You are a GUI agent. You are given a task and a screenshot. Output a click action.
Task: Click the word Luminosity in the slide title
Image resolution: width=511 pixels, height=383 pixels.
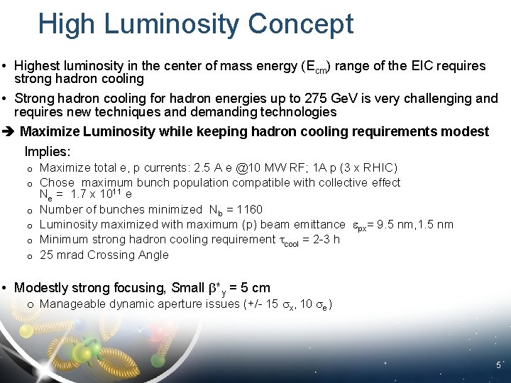[x=170, y=23]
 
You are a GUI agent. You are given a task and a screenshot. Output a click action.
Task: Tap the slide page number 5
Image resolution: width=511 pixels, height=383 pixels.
[x=498, y=366]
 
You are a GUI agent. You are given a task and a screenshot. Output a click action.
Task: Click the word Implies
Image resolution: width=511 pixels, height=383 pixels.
[x=48, y=151]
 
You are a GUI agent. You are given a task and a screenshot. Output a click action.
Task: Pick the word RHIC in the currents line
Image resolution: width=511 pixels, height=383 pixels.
[x=377, y=167]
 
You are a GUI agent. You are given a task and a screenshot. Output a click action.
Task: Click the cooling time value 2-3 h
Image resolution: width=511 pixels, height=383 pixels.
[x=325, y=240]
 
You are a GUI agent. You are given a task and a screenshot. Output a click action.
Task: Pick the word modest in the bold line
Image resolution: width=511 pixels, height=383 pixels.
[x=468, y=132]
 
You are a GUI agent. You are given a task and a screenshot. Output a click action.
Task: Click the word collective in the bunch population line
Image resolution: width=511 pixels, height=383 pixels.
[x=344, y=182]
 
